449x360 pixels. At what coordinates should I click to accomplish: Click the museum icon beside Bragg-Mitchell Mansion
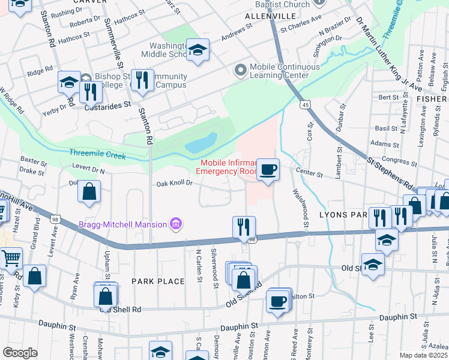(x=176, y=225)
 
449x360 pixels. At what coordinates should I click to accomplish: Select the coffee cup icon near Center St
(x=267, y=169)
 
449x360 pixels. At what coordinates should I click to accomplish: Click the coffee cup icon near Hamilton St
(x=278, y=302)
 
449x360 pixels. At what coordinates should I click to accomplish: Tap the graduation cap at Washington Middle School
(x=196, y=50)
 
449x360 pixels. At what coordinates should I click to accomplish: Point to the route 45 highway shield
(x=306, y=105)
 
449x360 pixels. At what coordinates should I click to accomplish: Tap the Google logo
(x=19, y=353)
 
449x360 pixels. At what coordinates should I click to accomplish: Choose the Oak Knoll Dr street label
(x=175, y=184)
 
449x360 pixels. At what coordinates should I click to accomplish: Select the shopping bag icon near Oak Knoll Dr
(x=89, y=192)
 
